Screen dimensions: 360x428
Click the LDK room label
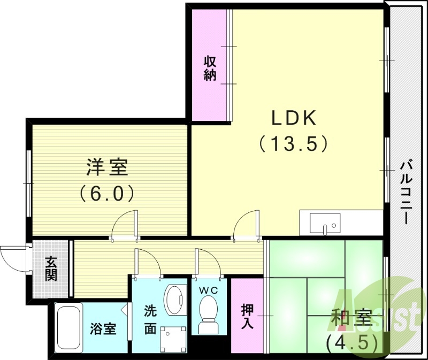tap(293, 117)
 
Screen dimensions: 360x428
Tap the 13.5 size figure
tap(293, 143)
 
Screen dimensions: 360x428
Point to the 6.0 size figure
tap(107, 192)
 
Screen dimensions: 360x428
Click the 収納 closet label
tap(209, 68)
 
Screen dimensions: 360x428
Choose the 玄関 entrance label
tap(51, 269)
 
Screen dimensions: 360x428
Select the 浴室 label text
tap(103, 328)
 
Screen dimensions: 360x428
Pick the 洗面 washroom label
tap(150, 320)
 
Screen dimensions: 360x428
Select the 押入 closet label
tap(247, 316)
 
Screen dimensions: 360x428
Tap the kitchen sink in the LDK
tap(324, 223)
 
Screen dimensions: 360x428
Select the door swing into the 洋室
tap(126, 223)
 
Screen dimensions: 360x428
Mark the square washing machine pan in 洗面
tap(171, 338)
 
